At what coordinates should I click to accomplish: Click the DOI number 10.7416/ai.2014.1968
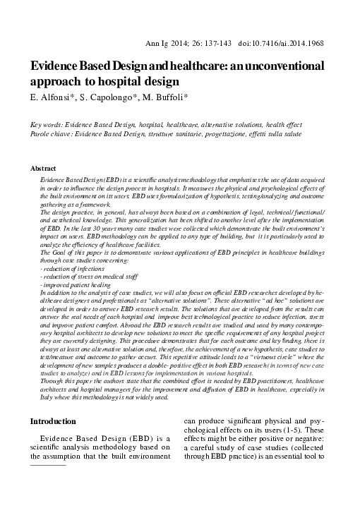(299, 43)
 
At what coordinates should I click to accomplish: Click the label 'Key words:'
(47, 124)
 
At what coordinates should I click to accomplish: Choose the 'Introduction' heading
(54, 421)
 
